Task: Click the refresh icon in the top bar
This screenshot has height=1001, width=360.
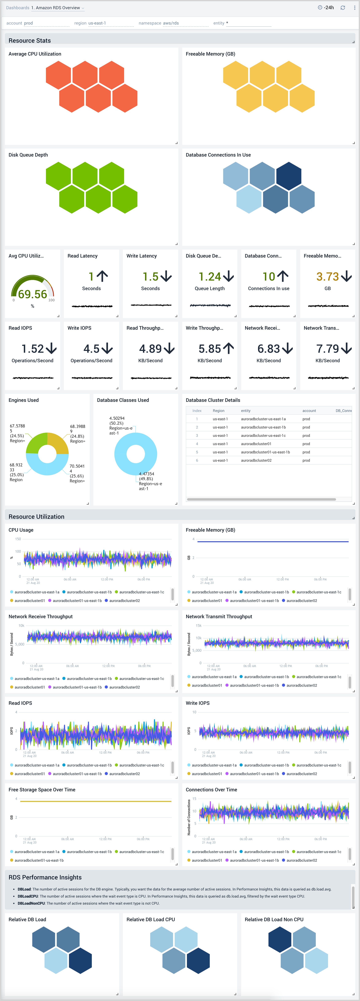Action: click(x=342, y=8)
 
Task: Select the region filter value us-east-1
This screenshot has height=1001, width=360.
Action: click(x=97, y=23)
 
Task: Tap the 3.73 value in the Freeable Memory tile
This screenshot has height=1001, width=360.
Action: click(x=327, y=277)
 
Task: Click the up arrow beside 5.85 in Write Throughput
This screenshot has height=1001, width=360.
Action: click(x=229, y=349)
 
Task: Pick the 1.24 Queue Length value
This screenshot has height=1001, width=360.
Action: click(x=209, y=277)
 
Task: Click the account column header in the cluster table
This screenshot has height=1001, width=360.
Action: click(x=309, y=411)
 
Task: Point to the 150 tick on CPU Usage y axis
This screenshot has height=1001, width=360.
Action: click(x=18, y=539)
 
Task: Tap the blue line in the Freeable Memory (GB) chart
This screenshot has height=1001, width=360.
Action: click(x=272, y=541)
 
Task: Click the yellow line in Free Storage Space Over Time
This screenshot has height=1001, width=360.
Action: click(x=95, y=801)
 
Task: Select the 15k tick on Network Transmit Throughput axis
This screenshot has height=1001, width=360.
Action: click(x=198, y=626)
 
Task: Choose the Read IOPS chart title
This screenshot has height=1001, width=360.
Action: click(x=20, y=703)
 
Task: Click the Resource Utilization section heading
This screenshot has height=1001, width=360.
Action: click(x=37, y=516)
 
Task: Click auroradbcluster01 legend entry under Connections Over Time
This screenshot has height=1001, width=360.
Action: click(x=207, y=860)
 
